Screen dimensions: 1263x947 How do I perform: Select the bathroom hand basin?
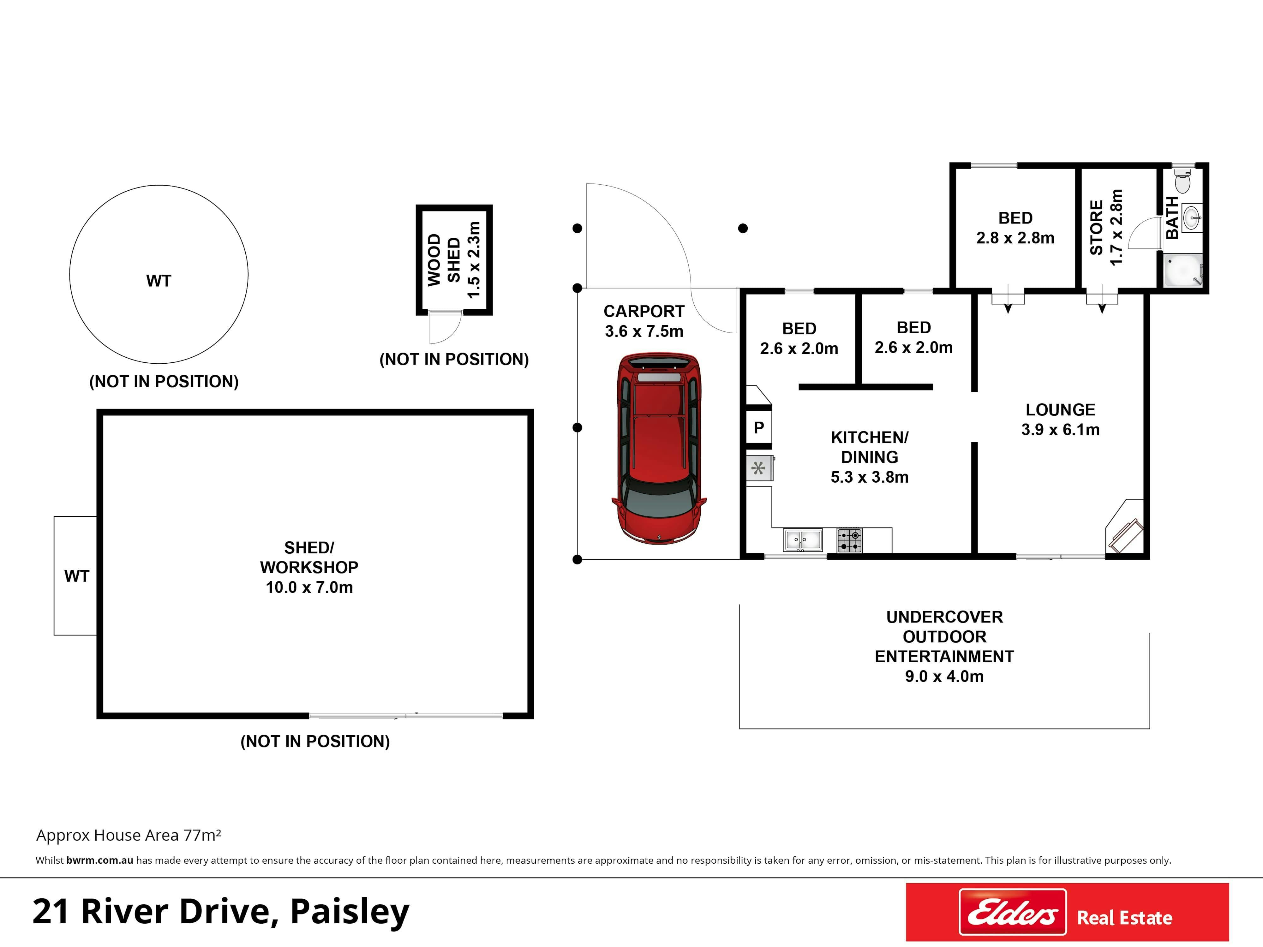pyautogui.click(x=1192, y=217)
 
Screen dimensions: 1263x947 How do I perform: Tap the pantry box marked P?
pyautogui.click(x=759, y=427)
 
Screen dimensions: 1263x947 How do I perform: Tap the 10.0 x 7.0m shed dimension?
pyautogui.click(x=309, y=587)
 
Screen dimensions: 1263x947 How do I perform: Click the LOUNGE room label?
pyautogui.click(x=1060, y=410)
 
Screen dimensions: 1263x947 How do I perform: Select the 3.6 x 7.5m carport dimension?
pyautogui.click(x=644, y=331)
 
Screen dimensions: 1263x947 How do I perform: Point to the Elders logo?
pyautogui.click(x=1012, y=912)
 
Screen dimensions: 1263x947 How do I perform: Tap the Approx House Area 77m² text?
pyautogui.click(x=129, y=835)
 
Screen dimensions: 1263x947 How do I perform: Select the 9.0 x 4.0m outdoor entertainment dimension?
pyautogui.click(x=944, y=676)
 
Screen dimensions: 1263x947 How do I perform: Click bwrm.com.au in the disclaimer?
pyautogui.click(x=99, y=860)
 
